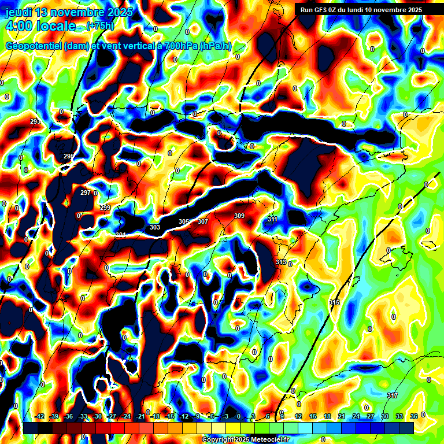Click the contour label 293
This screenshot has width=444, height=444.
[35, 121]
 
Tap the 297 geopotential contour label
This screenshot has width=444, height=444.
[86, 193]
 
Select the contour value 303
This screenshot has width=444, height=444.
[155, 227]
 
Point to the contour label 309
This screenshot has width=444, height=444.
[239, 216]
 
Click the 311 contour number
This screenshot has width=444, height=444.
[273, 219]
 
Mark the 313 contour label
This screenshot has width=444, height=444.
[281, 262]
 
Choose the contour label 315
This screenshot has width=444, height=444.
[334, 302]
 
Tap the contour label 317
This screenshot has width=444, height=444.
[393, 395]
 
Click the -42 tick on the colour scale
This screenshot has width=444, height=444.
[39, 416]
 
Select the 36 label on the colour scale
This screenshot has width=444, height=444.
[414, 416]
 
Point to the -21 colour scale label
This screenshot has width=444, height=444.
[140, 416]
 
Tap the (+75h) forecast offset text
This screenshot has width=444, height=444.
[100, 25]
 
